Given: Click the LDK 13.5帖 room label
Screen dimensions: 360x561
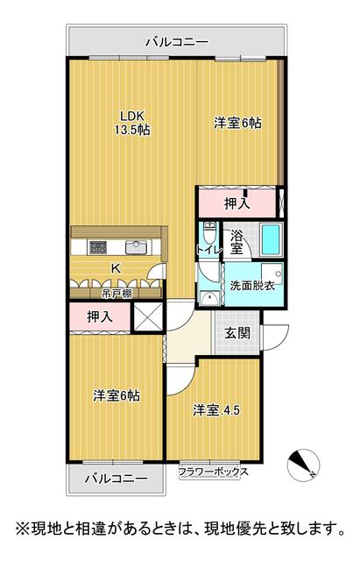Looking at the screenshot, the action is coord(132,123).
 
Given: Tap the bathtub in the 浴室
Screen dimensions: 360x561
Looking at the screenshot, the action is coord(272,239).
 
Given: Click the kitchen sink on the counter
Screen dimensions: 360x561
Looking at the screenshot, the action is coord(137,247).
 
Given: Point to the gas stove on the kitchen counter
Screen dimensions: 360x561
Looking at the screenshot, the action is coord(98,247).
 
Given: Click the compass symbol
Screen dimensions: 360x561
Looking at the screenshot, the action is coord(304,465).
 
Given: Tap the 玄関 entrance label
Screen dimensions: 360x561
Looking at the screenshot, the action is coord(237,333).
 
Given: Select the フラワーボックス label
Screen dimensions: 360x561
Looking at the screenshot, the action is coord(214,472).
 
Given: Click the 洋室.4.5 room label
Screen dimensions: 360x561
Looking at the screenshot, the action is coord(216,410).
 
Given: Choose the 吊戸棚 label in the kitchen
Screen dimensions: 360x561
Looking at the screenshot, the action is coord(112,294).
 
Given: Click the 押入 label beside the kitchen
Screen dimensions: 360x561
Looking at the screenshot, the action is coord(100,316).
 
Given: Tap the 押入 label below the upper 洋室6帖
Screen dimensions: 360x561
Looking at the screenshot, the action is coord(237,203).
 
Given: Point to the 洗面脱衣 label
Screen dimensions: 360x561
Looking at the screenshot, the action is coord(252,286).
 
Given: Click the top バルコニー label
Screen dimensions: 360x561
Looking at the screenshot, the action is coord(177,43).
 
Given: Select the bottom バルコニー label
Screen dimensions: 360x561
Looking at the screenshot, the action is coord(116,479).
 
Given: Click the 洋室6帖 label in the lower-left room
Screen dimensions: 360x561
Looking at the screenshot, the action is coord(116,395).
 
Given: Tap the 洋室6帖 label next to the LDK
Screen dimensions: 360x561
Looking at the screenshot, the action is coord(237,124).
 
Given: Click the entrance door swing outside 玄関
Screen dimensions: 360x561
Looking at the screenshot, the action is coord(275,337).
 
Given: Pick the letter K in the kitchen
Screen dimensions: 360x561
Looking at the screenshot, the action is coord(116,268).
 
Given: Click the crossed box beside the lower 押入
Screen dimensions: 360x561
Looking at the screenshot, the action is coord(148,316).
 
